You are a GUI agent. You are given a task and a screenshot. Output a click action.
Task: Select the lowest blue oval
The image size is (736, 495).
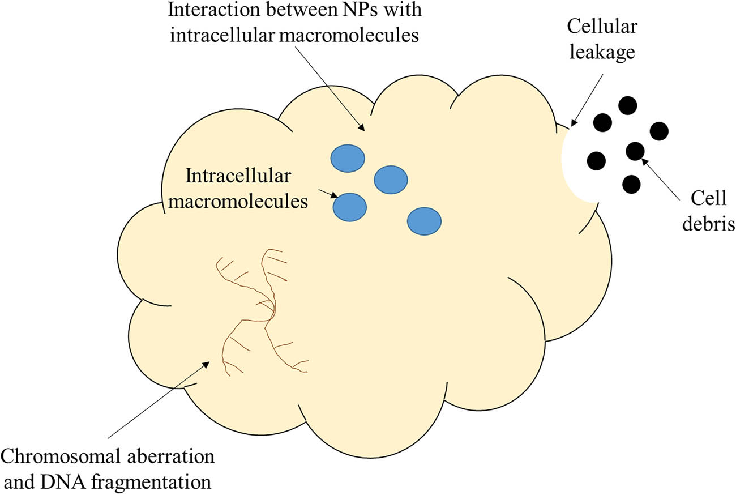point(424,221)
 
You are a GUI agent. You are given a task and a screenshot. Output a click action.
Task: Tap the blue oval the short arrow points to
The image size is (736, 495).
point(349,207)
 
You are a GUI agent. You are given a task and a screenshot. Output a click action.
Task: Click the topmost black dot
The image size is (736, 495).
point(627,105)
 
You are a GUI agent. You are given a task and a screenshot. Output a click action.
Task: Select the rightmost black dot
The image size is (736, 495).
point(659,131)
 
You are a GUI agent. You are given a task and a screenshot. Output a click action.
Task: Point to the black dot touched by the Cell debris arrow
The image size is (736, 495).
point(635,151)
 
